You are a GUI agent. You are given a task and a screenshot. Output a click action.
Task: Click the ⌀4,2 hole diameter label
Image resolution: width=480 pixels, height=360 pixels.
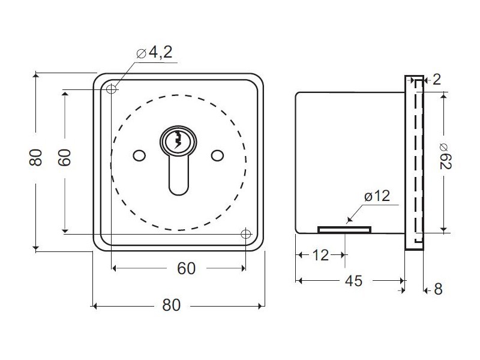(x=154, y=53)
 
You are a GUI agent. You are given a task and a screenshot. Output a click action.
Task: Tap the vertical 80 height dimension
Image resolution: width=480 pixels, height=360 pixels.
(x=35, y=158)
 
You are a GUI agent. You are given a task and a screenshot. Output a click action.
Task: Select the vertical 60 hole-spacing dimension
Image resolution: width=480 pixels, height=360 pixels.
(x=65, y=158)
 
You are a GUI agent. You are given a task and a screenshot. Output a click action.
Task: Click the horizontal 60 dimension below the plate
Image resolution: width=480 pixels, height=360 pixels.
(x=186, y=268)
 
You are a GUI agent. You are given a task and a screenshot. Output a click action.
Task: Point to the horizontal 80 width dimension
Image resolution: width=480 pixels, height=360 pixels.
(x=172, y=305)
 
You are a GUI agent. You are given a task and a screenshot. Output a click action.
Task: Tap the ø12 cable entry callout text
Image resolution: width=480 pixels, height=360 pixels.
(x=377, y=196)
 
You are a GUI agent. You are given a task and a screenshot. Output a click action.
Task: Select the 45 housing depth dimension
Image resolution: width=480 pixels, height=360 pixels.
(x=353, y=281)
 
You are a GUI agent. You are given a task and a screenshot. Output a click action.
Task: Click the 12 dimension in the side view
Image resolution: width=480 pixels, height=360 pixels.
(x=320, y=255)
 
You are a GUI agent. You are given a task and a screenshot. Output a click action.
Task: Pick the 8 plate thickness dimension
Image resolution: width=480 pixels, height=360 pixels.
(x=439, y=289)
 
